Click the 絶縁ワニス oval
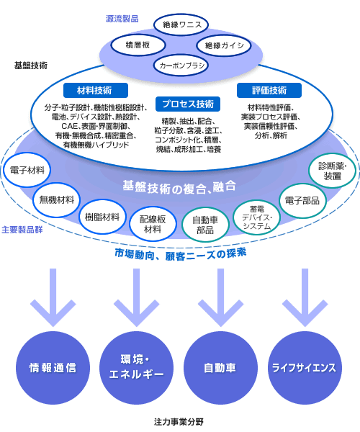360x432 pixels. coord(181,25)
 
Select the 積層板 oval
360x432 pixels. coord(138,45)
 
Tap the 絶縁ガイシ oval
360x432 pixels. coord(224,45)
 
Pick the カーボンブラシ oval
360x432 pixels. coord(181,66)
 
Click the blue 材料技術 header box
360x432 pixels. coord(96,91)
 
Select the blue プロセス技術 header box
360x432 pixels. coord(188,104)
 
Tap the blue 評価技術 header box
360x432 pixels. coord(269,91)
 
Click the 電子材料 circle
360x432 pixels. coord(27,170)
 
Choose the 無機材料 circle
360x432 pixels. coord(56,199)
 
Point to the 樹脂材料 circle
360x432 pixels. coord(102,217)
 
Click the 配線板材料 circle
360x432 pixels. coord(153,224)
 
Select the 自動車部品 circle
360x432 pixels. coord(205,225)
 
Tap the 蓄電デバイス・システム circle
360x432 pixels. coord(257,217)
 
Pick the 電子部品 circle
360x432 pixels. coord(302,201)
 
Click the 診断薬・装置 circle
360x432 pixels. coord(332,171)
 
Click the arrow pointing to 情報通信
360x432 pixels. coord(53,297)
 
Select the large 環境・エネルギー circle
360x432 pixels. coord(136,368)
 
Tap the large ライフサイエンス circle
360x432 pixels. coord(305,368)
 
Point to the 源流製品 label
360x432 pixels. coord(122,19)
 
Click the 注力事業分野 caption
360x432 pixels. coord(179,422)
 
